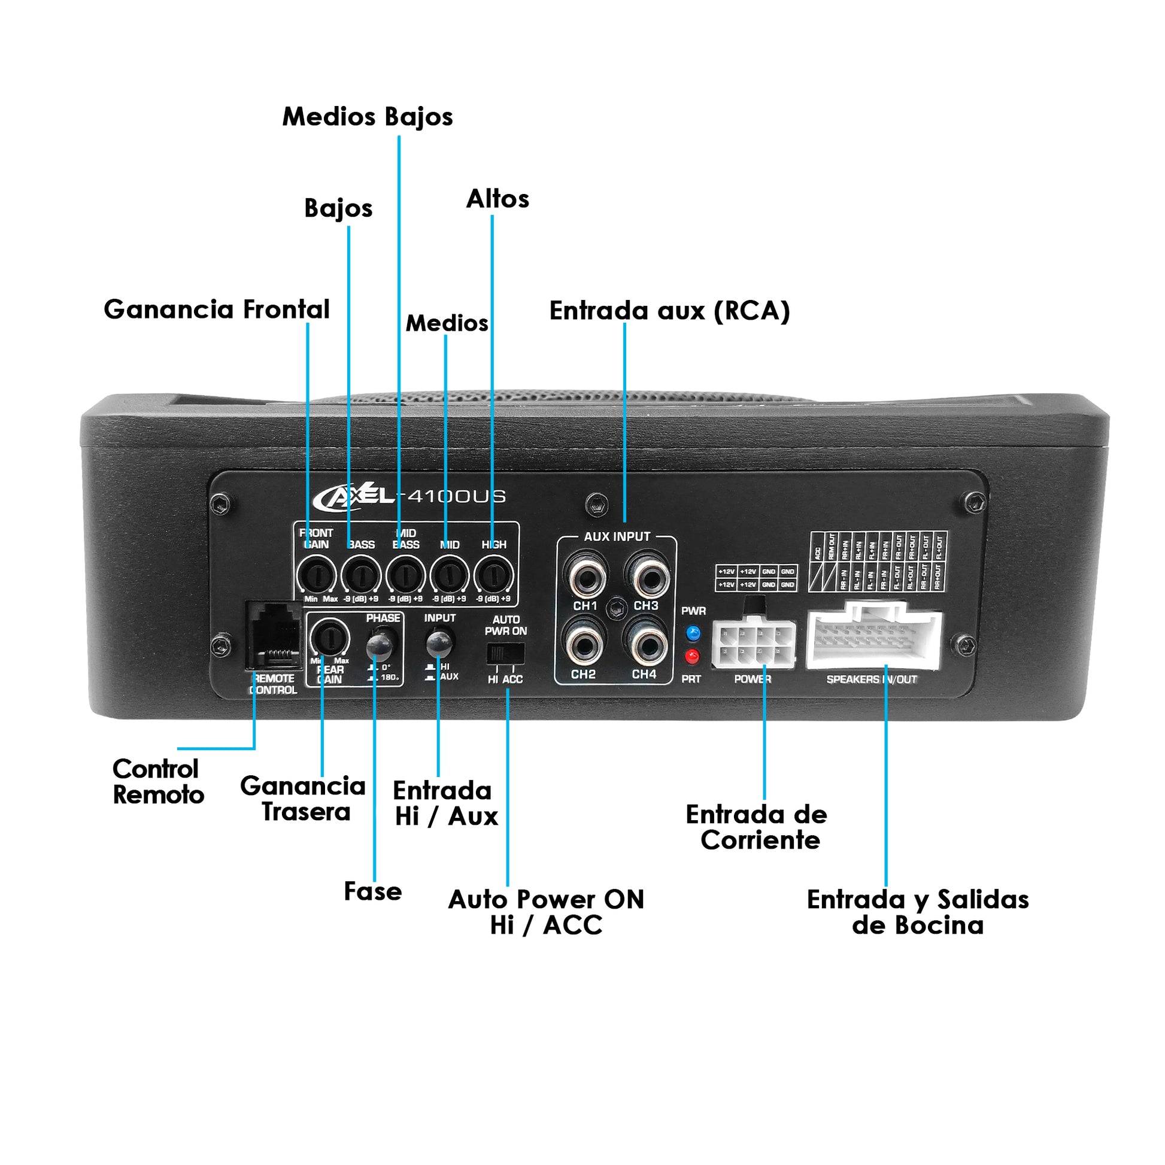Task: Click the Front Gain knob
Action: click(x=316, y=575)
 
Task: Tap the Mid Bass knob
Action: click(x=405, y=575)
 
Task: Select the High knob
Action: click(x=494, y=575)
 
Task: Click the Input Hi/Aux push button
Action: click(x=439, y=644)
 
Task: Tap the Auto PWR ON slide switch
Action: click(x=505, y=653)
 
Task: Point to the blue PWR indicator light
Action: click(x=693, y=633)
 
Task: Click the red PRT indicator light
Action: click(x=693, y=656)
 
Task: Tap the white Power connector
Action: click(x=754, y=645)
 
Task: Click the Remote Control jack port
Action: click(x=274, y=636)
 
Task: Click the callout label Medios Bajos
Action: click(x=367, y=116)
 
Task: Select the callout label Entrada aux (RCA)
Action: click(x=669, y=311)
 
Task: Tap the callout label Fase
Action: click(x=372, y=891)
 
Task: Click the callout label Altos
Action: click(x=497, y=199)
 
